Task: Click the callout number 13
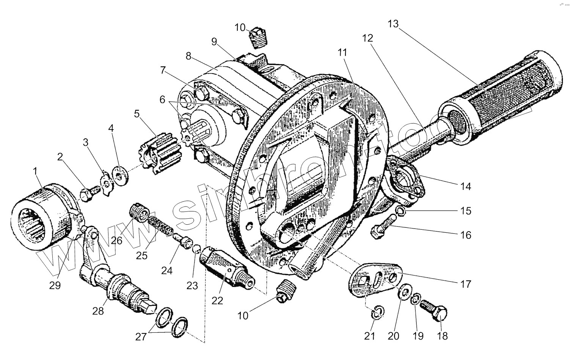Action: click(393, 24)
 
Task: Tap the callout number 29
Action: click(55, 285)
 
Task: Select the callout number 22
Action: click(217, 300)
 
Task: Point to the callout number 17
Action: click(465, 284)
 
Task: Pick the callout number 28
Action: click(97, 311)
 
